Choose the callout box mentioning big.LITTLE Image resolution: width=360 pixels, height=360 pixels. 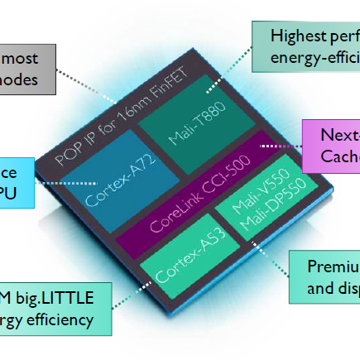click(x=54, y=308)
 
